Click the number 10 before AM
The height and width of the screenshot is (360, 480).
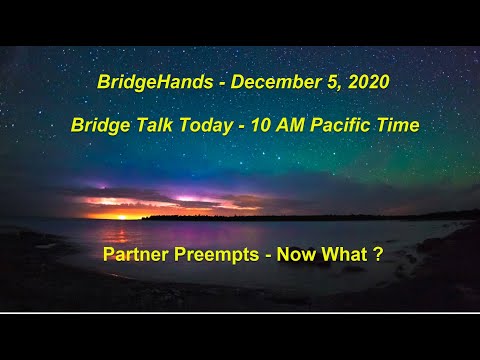tap(255, 126)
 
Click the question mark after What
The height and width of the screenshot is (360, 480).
tap(378, 255)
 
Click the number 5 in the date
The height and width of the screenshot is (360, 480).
tap(319, 82)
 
